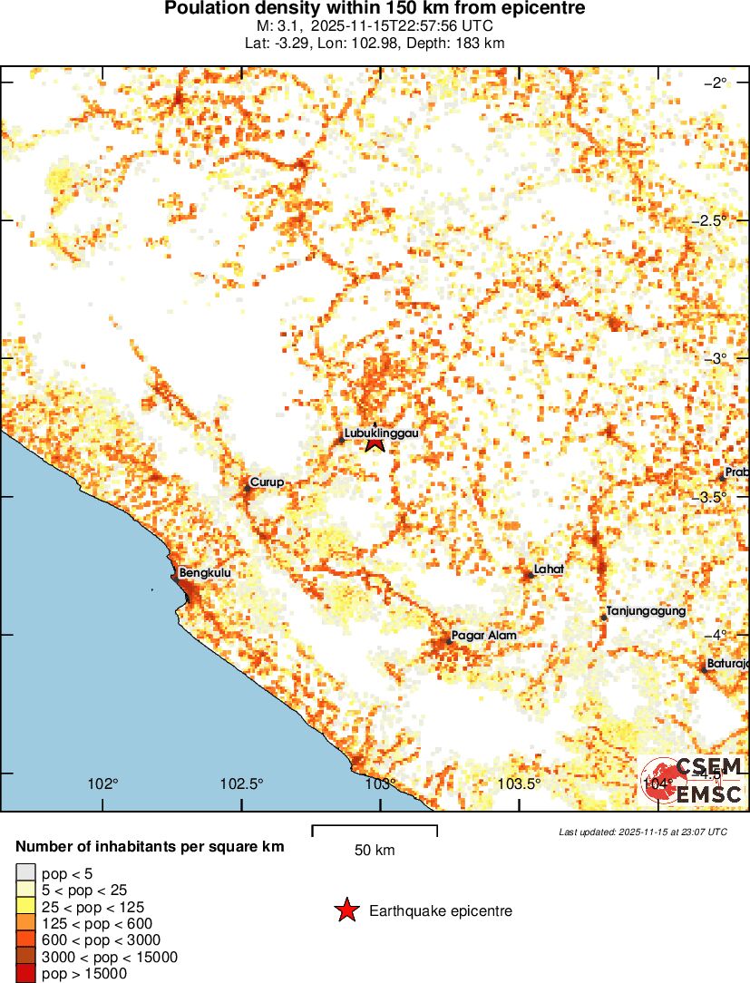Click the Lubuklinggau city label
(381, 433)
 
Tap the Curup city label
(267, 482)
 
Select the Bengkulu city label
(206, 573)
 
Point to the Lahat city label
(549, 569)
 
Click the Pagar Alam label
(484, 636)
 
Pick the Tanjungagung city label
(646, 612)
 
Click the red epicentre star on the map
(375, 443)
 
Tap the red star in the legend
(346, 910)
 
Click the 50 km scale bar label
(374, 851)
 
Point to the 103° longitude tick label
(380, 784)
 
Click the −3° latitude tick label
(716, 358)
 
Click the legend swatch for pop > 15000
(26, 973)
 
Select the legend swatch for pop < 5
(26, 873)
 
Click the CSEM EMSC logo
(695, 779)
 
